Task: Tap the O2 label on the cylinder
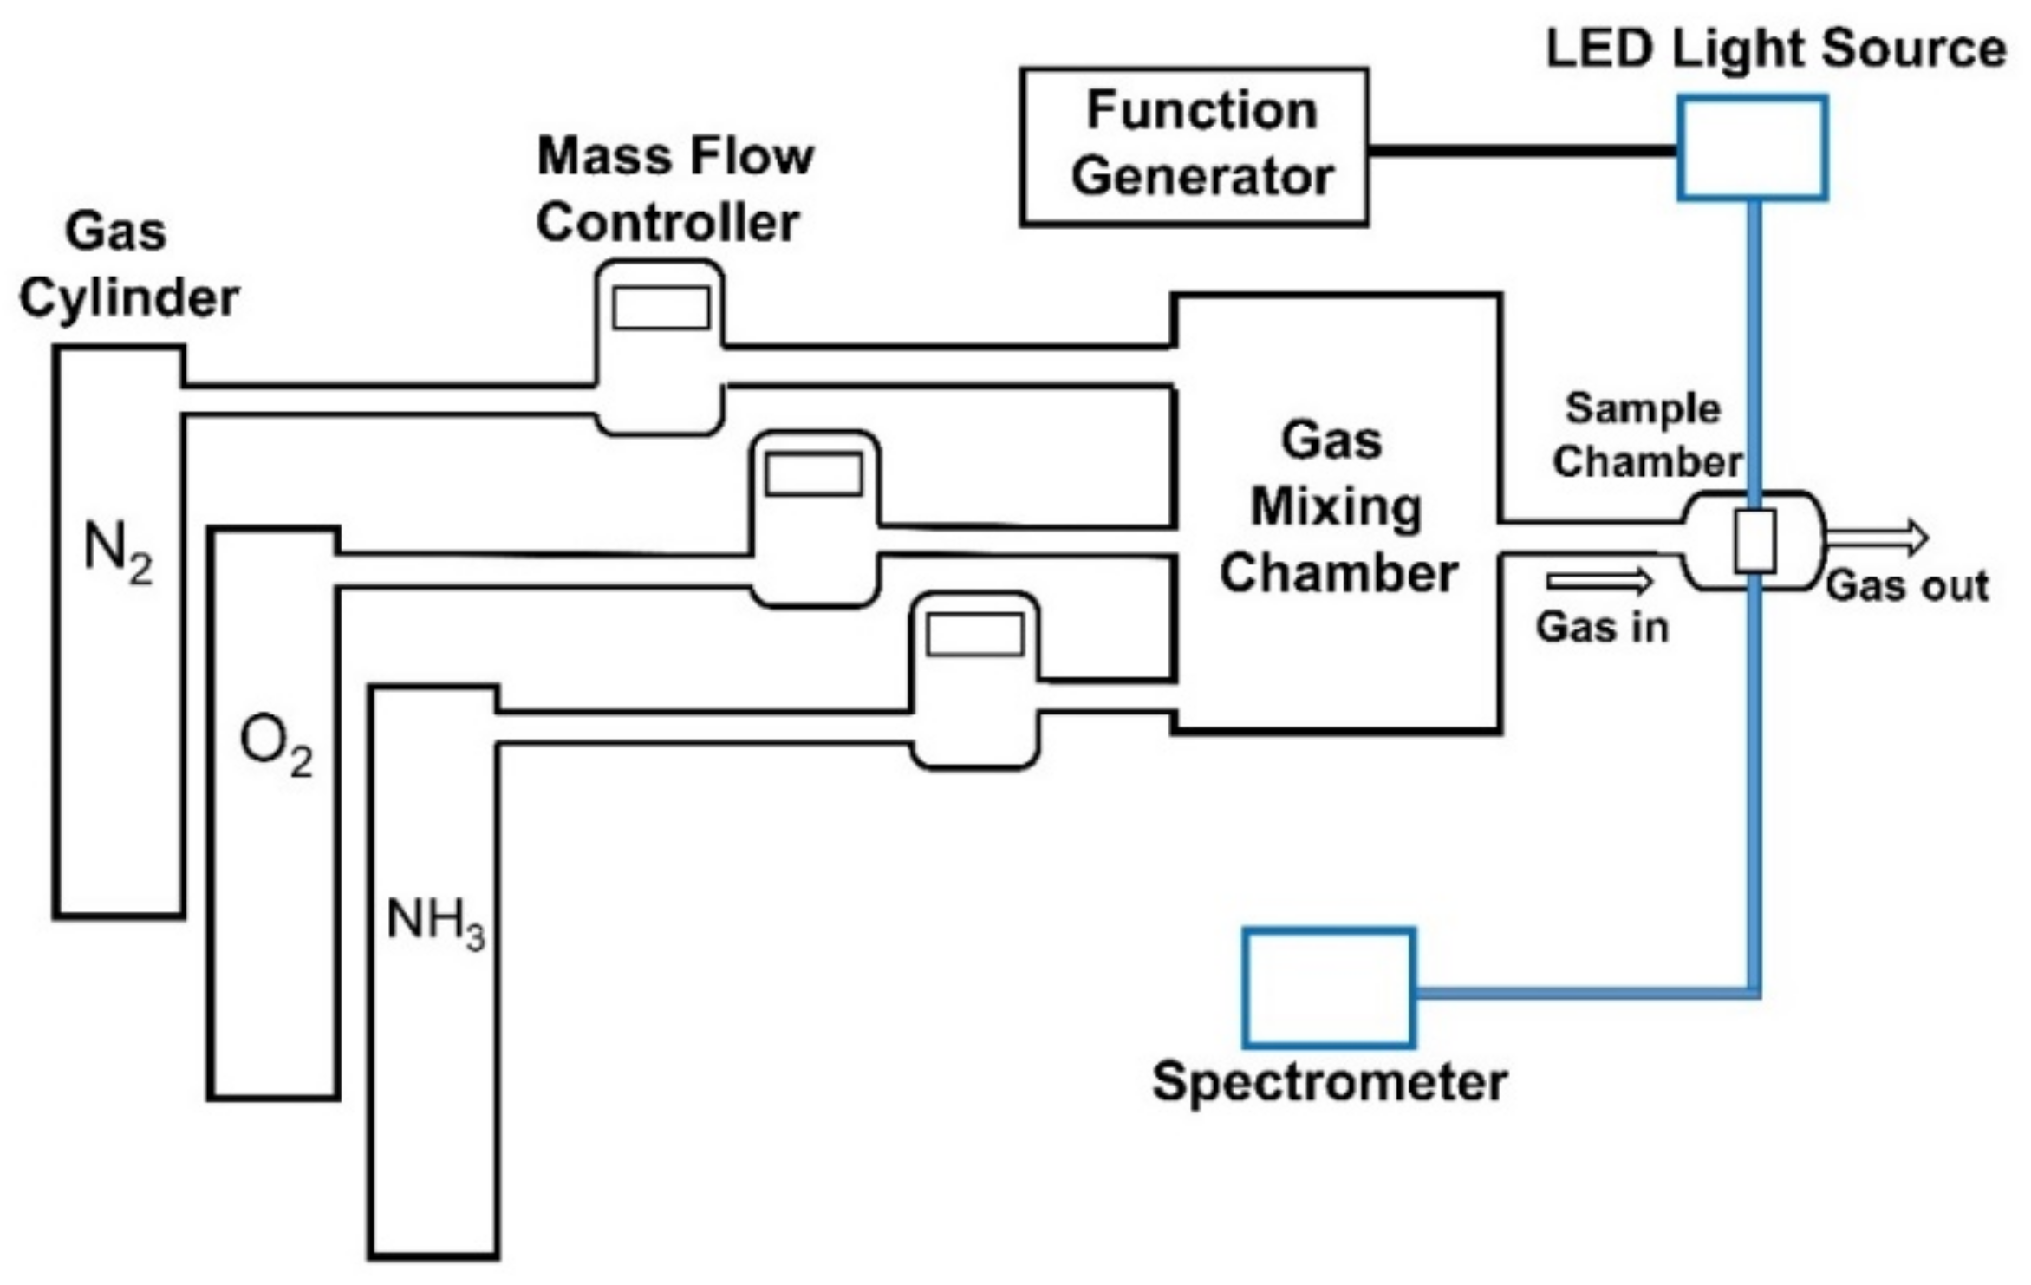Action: [x=275, y=747]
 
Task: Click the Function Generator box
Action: [x=1194, y=147]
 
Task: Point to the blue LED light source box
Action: [x=1752, y=148]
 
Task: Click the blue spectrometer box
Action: [x=1328, y=988]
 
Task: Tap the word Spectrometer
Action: [x=1329, y=1082]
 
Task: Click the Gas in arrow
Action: [x=1598, y=580]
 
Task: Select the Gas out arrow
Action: [x=1877, y=538]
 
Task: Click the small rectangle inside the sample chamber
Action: [x=1754, y=541]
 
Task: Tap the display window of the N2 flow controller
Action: [x=661, y=308]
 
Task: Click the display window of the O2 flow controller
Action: [x=813, y=474]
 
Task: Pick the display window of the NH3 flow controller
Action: [x=974, y=635]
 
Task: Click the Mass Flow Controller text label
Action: [x=674, y=189]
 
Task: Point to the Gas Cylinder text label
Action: [x=127, y=265]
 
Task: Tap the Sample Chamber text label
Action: [x=1644, y=435]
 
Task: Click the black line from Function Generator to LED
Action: [x=1522, y=151]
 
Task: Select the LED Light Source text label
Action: [x=1775, y=49]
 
